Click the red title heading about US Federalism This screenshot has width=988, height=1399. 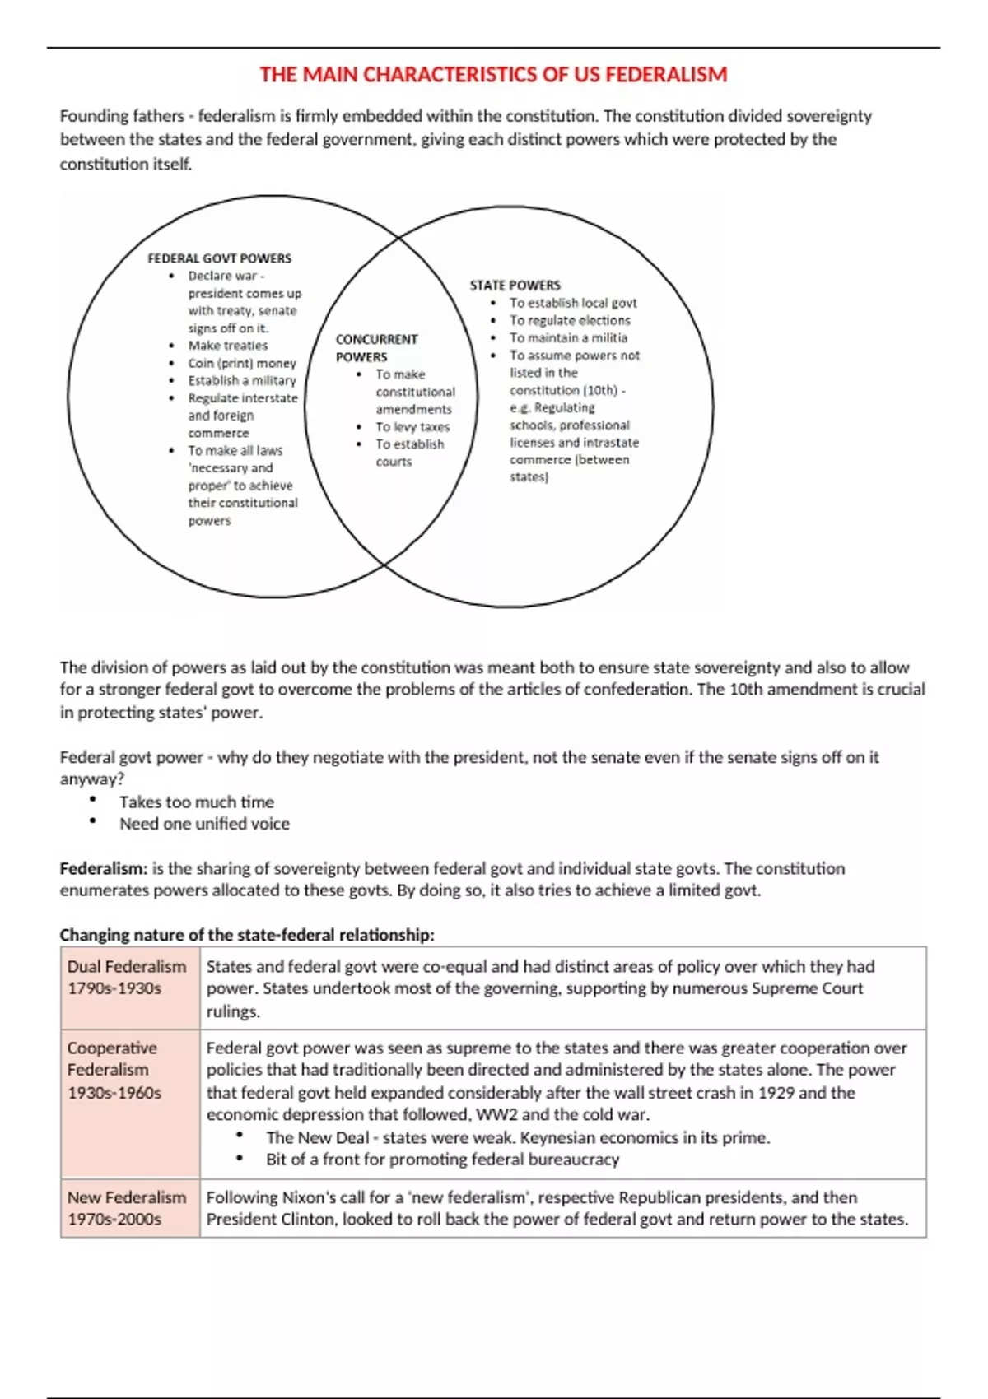[x=493, y=75]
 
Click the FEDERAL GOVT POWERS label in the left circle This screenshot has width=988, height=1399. [x=219, y=258]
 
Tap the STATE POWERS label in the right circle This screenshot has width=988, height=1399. [x=515, y=286]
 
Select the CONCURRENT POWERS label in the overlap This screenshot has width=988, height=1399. [x=376, y=347]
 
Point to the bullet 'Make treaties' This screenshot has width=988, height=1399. [x=227, y=346]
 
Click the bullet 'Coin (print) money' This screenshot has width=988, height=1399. [x=241, y=363]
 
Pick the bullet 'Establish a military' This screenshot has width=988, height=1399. [x=241, y=380]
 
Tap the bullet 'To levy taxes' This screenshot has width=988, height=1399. [x=412, y=427]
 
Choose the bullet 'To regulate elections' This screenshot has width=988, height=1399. [x=570, y=320]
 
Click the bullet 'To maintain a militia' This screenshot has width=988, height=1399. [x=568, y=337]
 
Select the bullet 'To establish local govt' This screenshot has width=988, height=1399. [x=573, y=303]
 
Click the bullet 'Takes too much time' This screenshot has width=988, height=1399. [x=196, y=802]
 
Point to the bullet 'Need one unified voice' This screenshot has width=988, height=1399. [x=204, y=824]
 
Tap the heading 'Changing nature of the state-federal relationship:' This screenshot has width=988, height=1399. [x=247, y=935]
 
